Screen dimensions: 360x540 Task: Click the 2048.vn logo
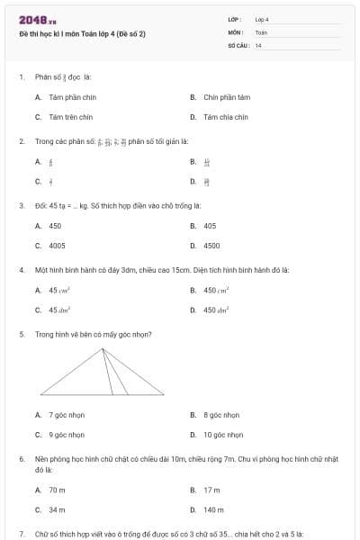coord(38,20)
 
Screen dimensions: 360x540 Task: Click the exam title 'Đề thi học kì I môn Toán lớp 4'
coord(82,33)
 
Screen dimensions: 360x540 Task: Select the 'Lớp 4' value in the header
coord(262,19)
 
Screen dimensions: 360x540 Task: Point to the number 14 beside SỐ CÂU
coord(258,45)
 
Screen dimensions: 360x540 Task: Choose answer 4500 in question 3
coord(211,245)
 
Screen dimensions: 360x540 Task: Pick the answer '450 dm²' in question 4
coord(216,310)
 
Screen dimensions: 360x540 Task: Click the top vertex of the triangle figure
coord(102,349)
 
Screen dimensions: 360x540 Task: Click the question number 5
coord(21,334)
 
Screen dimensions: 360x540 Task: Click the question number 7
coord(21,534)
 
